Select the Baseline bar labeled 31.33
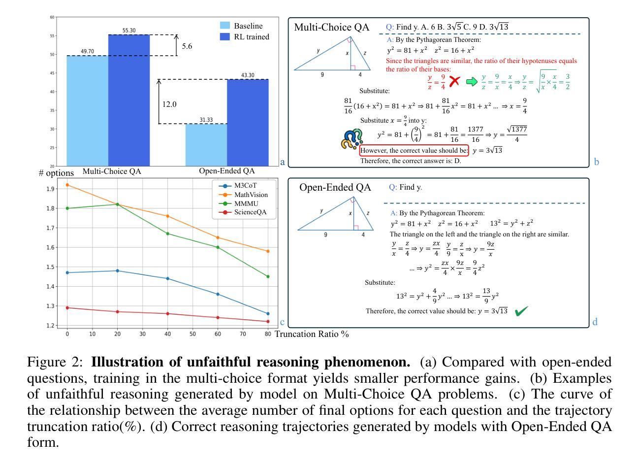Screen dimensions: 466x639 pyautogui.click(x=206, y=145)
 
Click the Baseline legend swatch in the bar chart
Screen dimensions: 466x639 pyautogui.click(x=225, y=26)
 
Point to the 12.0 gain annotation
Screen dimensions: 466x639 pyautogui.click(x=169, y=104)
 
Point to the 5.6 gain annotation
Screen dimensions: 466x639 pyautogui.click(x=187, y=46)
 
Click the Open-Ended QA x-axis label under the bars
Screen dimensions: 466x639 pyautogui.click(x=227, y=171)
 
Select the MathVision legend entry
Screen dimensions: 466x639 pyautogui.click(x=251, y=195)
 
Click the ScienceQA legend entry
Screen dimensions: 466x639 pyautogui.click(x=251, y=212)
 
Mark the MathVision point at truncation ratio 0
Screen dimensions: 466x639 pyautogui.click(x=67, y=185)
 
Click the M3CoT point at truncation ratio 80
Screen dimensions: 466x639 pyautogui.click(x=268, y=314)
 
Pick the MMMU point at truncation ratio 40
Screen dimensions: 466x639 pyautogui.click(x=167, y=233)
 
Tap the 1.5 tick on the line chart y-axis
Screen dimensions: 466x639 pyautogui.click(x=50, y=267)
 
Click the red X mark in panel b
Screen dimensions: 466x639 pyautogui.click(x=454, y=81)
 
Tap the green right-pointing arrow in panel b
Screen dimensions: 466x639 pyautogui.click(x=472, y=81)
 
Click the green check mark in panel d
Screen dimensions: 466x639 pyautogui.click(x=521, y=311)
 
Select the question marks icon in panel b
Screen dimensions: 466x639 pyautogui.click(x=351, y=139)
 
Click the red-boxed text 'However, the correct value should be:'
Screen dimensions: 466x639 pyautogui.click(x=414, y=150)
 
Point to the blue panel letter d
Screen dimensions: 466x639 pyautogui.click(x=595, y=322)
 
